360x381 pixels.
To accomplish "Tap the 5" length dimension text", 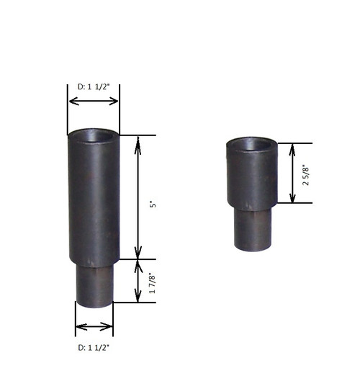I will click(152, 205).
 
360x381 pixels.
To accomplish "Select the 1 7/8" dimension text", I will click(152, 281).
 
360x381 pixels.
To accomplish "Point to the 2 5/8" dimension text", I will click(306, 174).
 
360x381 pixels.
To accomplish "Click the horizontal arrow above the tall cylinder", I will click(94, 101).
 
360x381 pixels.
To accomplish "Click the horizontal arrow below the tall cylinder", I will click(94, 327).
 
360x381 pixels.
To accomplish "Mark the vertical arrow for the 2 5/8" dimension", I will click(292, 173).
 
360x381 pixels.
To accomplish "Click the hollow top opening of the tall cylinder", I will click(94, 135).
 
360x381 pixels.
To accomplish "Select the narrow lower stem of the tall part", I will click(94, 281).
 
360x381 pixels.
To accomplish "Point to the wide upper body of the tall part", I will click(94, 202).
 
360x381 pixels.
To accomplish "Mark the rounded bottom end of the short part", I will click(253, 247).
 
